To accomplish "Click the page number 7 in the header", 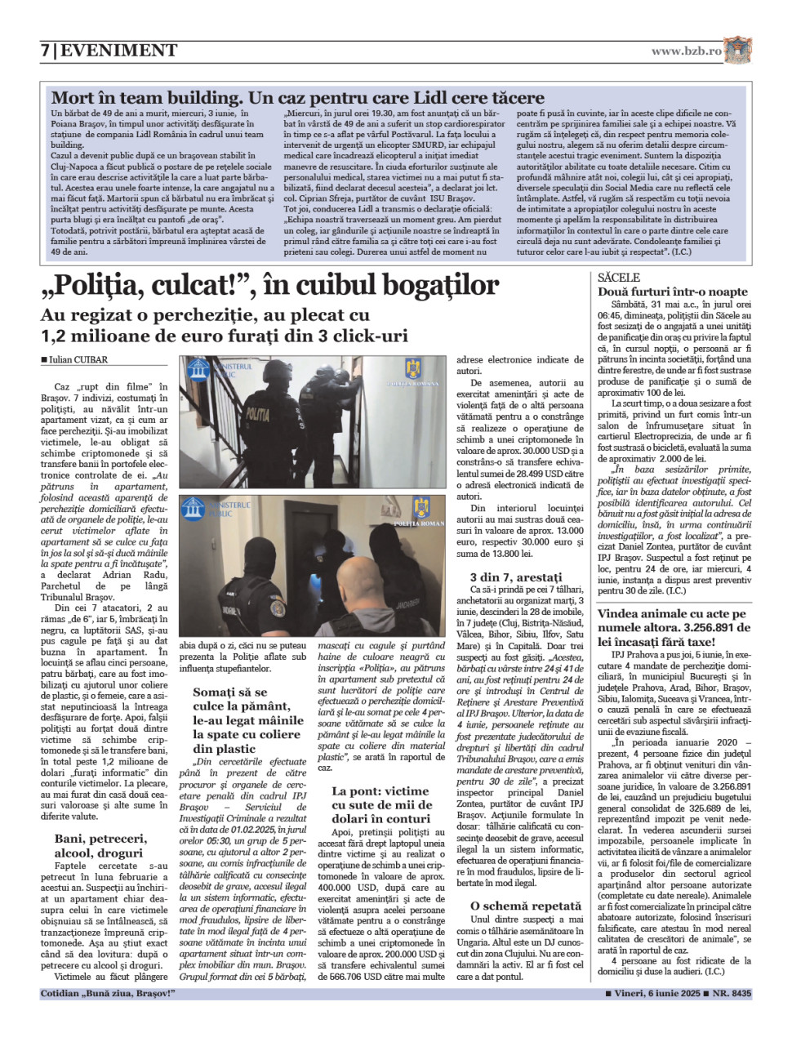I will point(45,51).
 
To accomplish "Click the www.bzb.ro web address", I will point(686,51).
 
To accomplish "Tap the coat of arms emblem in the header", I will point(737,50).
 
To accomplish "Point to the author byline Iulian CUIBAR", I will point(77,359).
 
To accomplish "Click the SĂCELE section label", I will point(619,278).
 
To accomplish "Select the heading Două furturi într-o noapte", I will point(672,292).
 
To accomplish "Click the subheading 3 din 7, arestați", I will point(515,577).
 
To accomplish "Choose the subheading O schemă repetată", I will point(526,906).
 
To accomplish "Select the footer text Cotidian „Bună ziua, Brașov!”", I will point(108,994).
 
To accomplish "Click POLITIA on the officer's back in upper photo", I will point(257,416).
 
